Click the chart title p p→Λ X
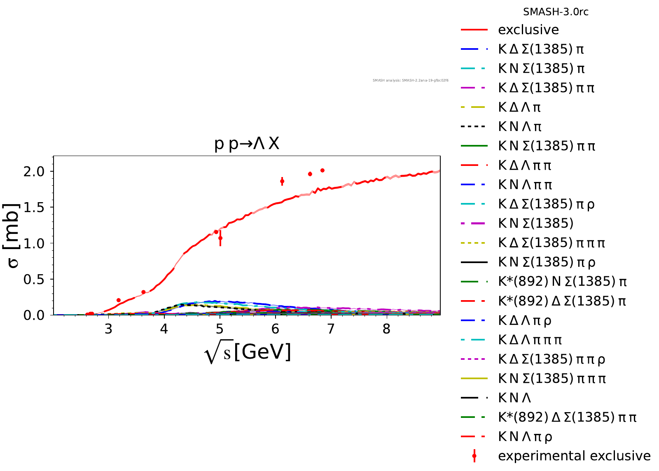(x=247, y=144)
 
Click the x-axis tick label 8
(x=386, y=329)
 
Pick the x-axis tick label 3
(x=108, y=329)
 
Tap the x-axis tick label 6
(x=275, y=329)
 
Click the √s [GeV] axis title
(x=248, y=352)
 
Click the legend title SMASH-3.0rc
(x=556, y=12)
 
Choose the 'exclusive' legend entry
(x=528, y=30)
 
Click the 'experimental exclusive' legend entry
(x=574, y=456)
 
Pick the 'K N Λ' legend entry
(x=514, y=398)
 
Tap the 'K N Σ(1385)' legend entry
(x=535, y=223)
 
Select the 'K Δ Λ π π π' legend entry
(x=530, y=340)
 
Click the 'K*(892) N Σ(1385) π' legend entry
(x=562, y=282)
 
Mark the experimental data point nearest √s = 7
(x=322, y=170)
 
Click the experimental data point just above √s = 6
(x=282, y=181)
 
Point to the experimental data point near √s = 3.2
(x=119, y=300)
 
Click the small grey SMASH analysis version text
(x=410, y=80)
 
